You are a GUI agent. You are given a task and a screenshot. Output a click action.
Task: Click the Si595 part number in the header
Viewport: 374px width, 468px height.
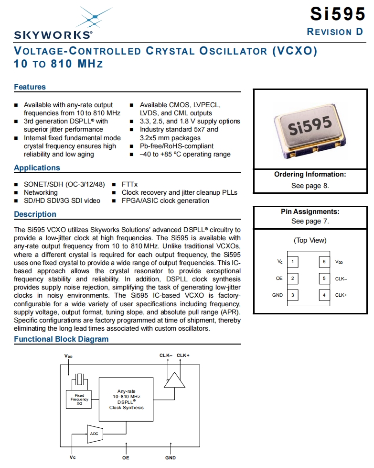point(337,14)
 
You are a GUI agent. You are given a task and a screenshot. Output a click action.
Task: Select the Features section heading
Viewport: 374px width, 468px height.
point(30,87)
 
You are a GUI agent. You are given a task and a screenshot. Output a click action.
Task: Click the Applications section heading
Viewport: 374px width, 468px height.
point(37,168)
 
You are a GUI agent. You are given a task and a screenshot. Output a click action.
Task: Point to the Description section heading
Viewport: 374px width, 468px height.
point(35,214)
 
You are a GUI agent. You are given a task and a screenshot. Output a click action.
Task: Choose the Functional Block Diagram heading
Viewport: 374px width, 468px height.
point(61,339)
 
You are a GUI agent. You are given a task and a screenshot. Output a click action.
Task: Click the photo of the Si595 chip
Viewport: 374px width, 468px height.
point(310,129)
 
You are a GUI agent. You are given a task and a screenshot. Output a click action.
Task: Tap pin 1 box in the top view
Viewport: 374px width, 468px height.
point(292,262)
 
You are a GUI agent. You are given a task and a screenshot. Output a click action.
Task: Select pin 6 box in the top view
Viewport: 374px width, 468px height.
point(324,262)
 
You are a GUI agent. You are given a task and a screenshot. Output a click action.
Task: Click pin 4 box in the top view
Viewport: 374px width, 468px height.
point(324,295)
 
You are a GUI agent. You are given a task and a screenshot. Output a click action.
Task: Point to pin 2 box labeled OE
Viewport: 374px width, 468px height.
point(292,279)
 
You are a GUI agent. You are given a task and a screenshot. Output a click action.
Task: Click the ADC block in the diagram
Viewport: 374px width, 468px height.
point(94,434)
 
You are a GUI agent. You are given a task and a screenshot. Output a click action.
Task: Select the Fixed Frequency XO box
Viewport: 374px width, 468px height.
point(79,400)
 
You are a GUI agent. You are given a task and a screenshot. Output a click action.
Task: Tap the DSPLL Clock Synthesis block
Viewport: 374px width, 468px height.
point(126,400)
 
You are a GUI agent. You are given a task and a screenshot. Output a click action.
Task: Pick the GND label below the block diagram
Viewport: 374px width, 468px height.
point(171,458)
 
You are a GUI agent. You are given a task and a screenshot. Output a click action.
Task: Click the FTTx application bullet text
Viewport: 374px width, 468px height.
point(129,184)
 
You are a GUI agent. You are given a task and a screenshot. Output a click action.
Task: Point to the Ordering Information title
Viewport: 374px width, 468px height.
point(310,174)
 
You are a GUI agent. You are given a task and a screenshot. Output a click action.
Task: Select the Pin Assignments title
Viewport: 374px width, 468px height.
point(310,212)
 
